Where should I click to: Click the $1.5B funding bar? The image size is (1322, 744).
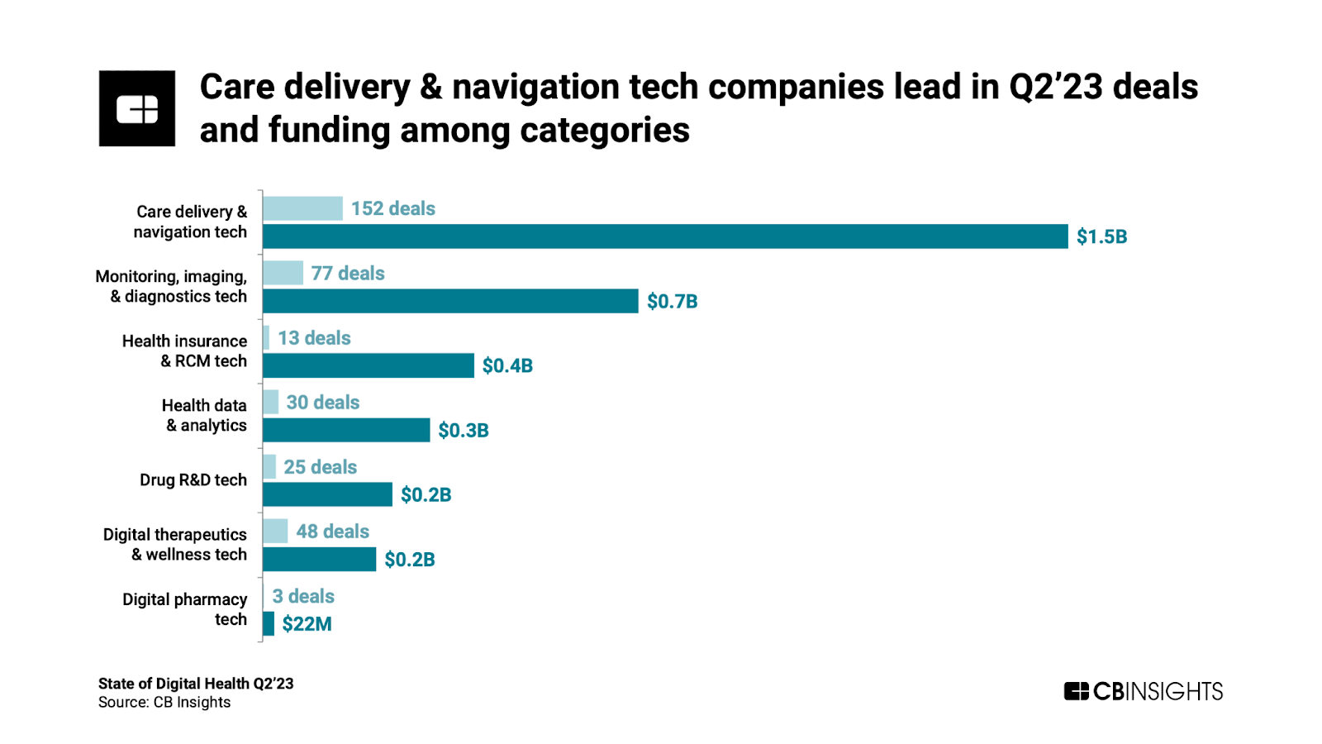tap(665, 236)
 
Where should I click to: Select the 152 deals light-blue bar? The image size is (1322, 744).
tap(302, 208)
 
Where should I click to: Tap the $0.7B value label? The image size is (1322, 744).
tap(672, 302)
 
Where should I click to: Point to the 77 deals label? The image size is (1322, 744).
tap(348, 274)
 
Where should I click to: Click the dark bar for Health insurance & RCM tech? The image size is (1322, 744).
tap(369, 365)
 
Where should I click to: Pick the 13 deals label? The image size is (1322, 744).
tap(314, 338)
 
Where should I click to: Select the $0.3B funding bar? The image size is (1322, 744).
tap(346, 430)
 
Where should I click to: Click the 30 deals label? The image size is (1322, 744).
tap(323, 403)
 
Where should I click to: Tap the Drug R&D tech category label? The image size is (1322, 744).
tap(193, 480)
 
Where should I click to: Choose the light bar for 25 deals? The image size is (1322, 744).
tap(269, 467)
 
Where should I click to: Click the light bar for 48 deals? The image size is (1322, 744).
tap(275, 532)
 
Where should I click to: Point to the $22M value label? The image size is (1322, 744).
tap(307, 624)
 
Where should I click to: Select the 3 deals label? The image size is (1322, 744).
tap(303, 597)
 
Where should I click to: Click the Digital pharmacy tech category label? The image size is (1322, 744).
tap(185, 609)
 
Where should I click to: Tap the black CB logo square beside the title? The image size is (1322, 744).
tap(137, 108)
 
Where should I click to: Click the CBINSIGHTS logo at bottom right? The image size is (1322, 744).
tap(1143, 691)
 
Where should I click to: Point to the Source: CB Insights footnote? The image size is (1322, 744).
tap(164, 703)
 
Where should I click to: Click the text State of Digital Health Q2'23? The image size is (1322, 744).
tap(196, 684)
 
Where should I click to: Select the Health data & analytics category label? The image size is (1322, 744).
tap(205, 416)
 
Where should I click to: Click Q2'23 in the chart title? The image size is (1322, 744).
tap(1055, 88)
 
